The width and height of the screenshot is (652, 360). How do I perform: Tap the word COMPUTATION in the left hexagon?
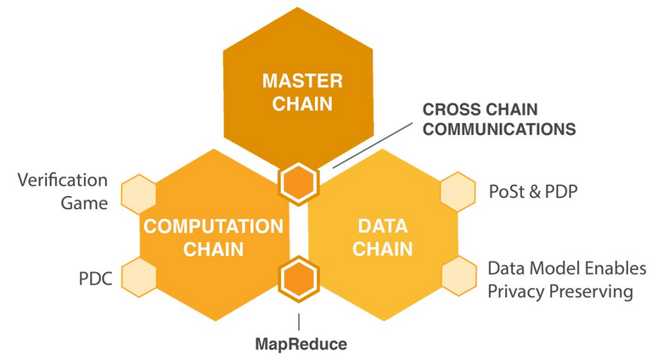pyautogui.click(x=213, y=227)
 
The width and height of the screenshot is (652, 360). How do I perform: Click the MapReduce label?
pyautogui.click(x=301, y=345)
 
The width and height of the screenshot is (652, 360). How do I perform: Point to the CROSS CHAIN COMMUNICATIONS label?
pyautogui.click(x=499, y=120)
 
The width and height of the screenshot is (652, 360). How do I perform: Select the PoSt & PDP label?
pyautogui.click(x=533, y=191)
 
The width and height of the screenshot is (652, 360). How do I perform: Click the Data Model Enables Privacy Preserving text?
pyautogui.click(x=560, y=280)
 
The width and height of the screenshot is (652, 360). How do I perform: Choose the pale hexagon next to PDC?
pyautogui.click(x=138, y=277)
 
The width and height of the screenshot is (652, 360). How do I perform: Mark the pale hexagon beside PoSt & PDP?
pyautogui.click(x=458, y=192)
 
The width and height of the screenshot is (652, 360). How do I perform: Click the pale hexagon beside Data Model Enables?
pyautogui.click(x=458, y=277)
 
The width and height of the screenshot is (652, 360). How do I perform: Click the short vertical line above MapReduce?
pyautogui.click(x=299, y=321)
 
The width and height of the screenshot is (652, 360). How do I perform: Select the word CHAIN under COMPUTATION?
pyautogui.click(x=213, y=250)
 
